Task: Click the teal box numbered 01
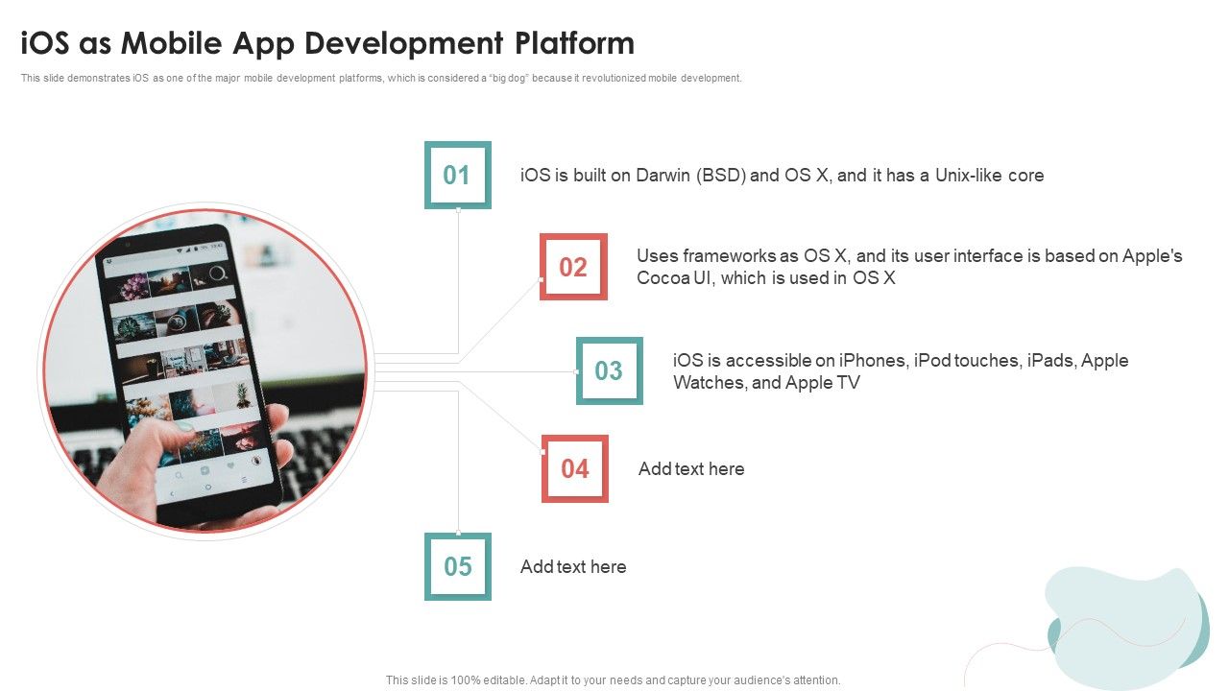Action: (457, 175)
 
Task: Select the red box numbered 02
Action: (573, 267)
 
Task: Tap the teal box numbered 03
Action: (609, 370)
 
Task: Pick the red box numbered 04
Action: (574, 468)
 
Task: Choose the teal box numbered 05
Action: (457, 566)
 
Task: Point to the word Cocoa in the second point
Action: (662, 277)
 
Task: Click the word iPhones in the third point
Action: (873, 361)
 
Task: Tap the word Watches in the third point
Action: (710, 383)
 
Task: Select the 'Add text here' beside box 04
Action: (691, 468)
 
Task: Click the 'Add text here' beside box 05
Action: (573, 566)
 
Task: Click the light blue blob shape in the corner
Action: (1123, 624)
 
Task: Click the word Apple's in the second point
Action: (1152, 256)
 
